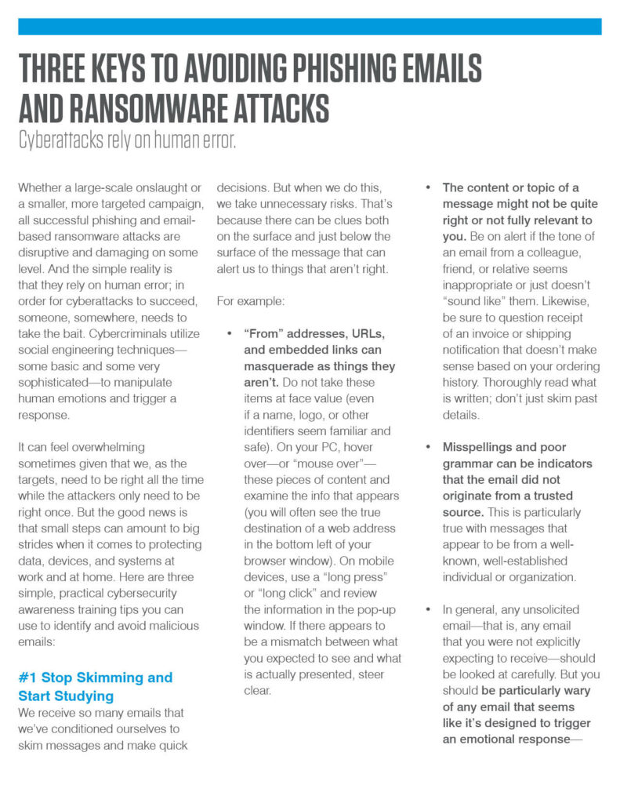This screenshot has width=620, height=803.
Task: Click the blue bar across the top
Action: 310,27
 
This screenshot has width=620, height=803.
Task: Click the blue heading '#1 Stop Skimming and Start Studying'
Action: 95,686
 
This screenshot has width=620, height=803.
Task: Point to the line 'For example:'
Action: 251,300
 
